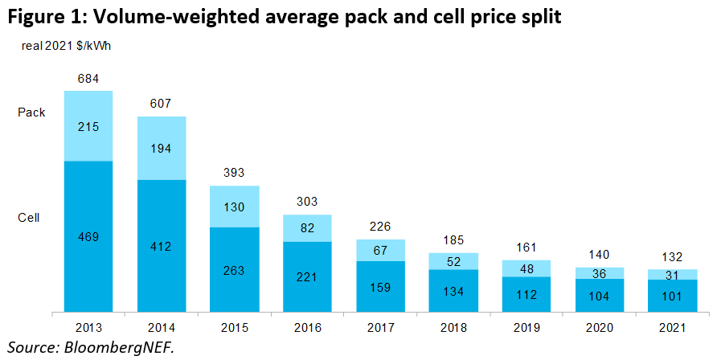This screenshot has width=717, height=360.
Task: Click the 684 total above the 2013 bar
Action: (x=88, y=79)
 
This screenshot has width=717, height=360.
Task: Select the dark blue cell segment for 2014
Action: (x=162, y=245)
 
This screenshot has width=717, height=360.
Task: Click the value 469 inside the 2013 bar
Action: (x=88, y=236)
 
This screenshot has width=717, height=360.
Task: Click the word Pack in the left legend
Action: (x=31, y=112)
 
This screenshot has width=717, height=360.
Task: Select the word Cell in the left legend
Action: (x=29, y=217)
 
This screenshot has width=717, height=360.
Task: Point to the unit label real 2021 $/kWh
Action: (x=66, y=46)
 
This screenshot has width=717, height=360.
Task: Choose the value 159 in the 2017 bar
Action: (x=379, y=286)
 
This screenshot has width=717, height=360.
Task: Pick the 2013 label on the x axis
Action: (x=88, y=328)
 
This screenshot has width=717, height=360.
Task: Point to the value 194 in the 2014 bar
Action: (x=162, y=148)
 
